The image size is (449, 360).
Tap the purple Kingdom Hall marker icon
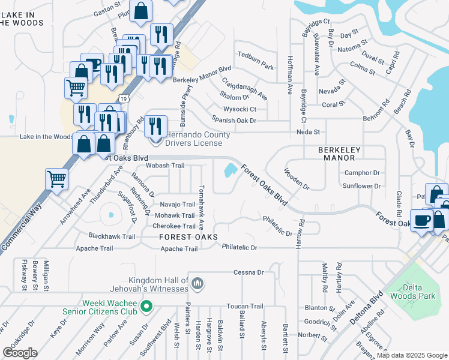pyautogui.click(x=198, y=283)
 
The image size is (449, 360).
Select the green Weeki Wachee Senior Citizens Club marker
pyautogui.click(x=145, y=308)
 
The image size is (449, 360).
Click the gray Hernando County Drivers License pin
pyautogui.click(x=156, y=141)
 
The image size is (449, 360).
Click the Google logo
pyautogui.click(x=20, y=352)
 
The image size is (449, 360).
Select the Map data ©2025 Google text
pyautogui.click(x=411, y=355)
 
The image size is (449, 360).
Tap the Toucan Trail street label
pyautogui.click(x=246, y=306)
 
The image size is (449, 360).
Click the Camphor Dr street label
pyautogui.click(x=362, y=173)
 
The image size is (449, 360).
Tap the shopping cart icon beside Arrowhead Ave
pyautogui.click(x=56, y=178)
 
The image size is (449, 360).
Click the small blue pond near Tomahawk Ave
pyautogui.click(x=229, y=172)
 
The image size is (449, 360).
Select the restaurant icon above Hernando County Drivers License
pyautogui.click(x=155, y=125)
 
